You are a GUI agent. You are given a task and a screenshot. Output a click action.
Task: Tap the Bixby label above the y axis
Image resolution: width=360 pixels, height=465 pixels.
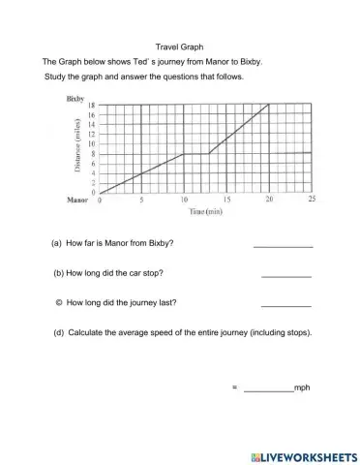[75, 98]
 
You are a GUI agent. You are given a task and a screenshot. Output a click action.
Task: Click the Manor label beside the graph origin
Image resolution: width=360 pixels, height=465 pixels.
[77, 200]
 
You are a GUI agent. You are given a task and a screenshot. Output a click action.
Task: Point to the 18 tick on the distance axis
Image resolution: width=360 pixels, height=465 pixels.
[93, 105]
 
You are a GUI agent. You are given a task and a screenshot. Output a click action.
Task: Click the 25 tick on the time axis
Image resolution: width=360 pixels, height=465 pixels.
[312, 200]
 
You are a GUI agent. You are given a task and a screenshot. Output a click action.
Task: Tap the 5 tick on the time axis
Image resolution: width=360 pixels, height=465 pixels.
[141, 200]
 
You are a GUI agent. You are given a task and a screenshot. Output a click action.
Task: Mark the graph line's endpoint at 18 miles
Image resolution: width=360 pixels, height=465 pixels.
[268, 105]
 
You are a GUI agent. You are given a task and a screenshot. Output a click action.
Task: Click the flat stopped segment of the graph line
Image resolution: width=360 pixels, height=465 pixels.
[195, 153]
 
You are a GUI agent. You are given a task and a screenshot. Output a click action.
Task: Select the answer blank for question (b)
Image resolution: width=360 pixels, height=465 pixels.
[286, 275]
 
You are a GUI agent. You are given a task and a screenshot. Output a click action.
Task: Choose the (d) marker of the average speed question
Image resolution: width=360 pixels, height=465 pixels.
[61, 332]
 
